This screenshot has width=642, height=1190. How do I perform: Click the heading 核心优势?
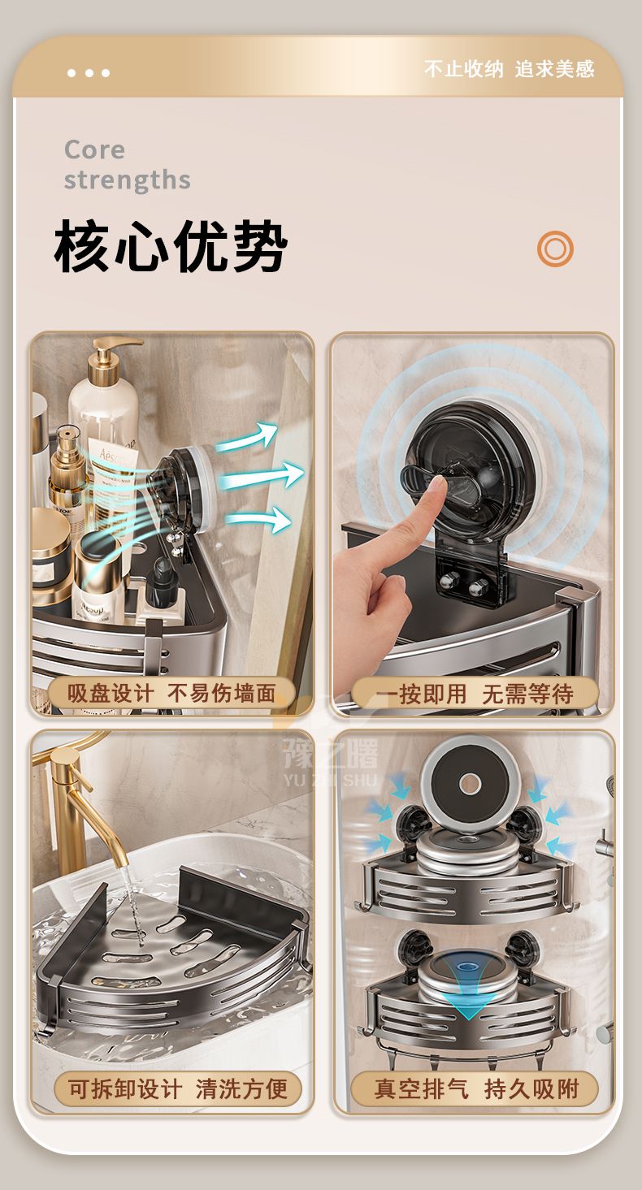click(x=171, y=246)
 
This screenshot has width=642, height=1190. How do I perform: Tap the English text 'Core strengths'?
click(x=127, y=165)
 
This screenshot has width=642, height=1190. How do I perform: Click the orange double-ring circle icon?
click(x=555, y=249)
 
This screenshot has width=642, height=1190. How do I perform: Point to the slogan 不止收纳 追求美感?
click(x=510, y=69)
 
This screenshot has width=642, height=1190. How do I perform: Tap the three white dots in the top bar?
click(x=89, y=73)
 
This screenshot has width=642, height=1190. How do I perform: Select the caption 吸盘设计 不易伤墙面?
click(x=171, y=693)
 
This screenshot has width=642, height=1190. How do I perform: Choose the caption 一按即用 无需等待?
click(x=474, y=694)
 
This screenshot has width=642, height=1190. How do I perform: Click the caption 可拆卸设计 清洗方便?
click(x=177, y=1088)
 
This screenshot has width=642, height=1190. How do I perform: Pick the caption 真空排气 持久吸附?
click(x=476, y=1088)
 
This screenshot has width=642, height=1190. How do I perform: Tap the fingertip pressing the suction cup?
click(x=437, y=483)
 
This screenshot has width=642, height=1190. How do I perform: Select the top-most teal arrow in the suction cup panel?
click(x=248, y=437)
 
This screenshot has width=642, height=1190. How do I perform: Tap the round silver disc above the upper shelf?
click(x=469, y=783)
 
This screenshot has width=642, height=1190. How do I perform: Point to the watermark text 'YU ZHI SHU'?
click(x=330, y=780)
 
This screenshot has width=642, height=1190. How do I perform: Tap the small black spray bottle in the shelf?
click(x=160, y=580)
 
